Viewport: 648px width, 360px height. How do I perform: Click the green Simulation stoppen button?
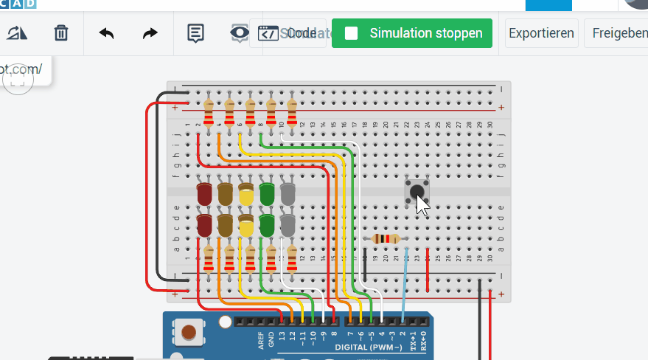click(411, 33)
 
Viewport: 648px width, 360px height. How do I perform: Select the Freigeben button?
click(616, 33)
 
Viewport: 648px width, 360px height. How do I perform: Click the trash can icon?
click(61, 33)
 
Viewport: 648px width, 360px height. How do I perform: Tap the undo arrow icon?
click(106, 33)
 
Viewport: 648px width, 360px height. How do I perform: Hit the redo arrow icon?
click(150, 33)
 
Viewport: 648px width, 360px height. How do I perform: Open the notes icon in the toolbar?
click(195, 33)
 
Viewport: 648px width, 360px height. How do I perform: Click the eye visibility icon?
click(239, 33)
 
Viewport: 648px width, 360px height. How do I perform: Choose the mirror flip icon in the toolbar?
click(16, 33)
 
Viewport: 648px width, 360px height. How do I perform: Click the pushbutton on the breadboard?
click(417, 192)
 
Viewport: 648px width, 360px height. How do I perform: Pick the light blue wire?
click(405, 280)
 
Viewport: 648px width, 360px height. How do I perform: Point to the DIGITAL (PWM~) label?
click(368, 347)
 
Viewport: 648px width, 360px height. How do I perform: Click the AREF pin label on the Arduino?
click(261, 339)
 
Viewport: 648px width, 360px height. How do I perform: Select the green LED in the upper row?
click(267, 195)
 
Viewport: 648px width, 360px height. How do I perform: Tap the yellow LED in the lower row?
click(246, 226)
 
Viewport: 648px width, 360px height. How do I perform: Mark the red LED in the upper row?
click(204, 195)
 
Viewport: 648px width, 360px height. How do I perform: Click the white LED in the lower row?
click(288, 224)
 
